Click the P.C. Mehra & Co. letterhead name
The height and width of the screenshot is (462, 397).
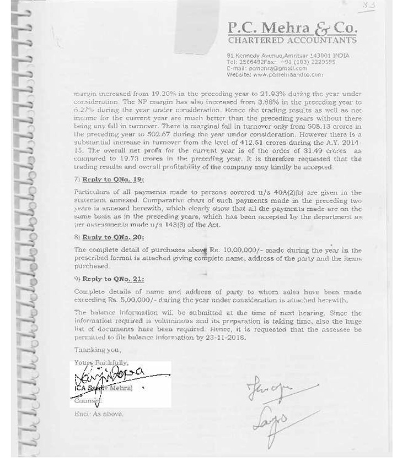(x=292, y=28)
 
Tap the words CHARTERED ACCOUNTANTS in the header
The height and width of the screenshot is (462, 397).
(x=292, y=41)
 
